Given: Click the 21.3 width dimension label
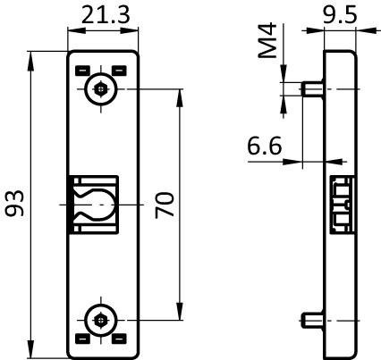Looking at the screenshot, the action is pos(106,15).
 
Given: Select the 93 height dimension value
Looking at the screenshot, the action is pos(15,203).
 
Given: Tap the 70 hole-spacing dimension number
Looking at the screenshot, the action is pos(165,205).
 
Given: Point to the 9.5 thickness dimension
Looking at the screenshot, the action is pos(340,15).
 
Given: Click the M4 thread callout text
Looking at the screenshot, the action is pos(267,40).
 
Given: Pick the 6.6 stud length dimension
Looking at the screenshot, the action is pos(265,146).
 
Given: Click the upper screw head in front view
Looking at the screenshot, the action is pos(101,88).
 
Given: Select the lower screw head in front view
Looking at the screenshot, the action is pos(101,321).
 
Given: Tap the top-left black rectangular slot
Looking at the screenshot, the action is pos(82,71).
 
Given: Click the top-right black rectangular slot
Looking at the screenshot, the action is pos(119,71).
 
